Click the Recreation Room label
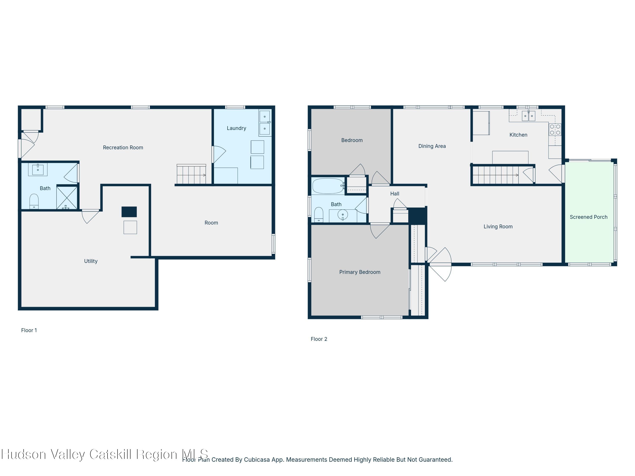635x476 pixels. pyautogui.click(x=123, y=147)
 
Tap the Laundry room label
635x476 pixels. pyautogui.click(x=236, y=128)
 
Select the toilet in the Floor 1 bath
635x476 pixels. pyautogui.click(x=34, y=202)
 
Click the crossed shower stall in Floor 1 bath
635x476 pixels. pyautogui.click(x=67, y=197)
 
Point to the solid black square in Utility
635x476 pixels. pyautogui.click(x=129, y=212)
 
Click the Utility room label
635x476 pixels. pyautogui.click(x=91, y=261)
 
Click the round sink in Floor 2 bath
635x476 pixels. pyautogui.click(x=343, y=215)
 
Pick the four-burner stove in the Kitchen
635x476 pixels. pyautogui.click(x=555, y=129)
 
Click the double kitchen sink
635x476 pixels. pyautogui.click(x=528, y=116)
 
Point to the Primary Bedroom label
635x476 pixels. pyautogui.click(x=360, y=272)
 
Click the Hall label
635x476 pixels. pyautogui.click(x=394, y=194)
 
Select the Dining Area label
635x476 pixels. pyautogui.click(x=432, y=146)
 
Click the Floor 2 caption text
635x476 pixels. pyautogui.click(x=319, y=339)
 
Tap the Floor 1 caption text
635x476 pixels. pyautogui.click(x=29, y=330)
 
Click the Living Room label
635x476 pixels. pyautogui.click(x=498, y=227)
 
